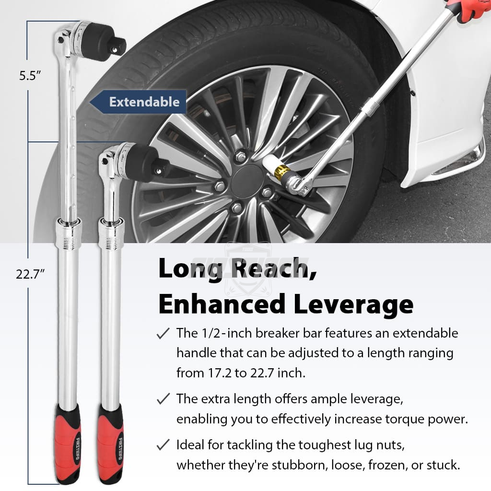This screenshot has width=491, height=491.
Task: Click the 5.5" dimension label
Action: [30, 75]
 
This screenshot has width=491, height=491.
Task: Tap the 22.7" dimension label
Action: [30, 274]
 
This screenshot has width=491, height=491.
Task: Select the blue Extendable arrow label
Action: [138, 102]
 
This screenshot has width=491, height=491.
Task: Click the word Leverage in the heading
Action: [353, 304]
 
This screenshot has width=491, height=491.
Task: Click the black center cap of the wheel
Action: [248, 181]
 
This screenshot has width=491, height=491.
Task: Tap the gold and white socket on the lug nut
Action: [277, 167]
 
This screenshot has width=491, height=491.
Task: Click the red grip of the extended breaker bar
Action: [68, 444]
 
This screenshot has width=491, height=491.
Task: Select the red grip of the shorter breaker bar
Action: [110, 444]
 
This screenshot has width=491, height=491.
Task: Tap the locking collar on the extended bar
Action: [68, 234]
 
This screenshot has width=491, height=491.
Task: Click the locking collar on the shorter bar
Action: [111, 234]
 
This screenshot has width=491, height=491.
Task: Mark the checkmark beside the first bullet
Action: [163, 333]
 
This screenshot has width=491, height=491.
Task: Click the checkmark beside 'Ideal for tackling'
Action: [163, 444]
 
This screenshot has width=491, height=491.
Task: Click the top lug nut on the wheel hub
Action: [240, 156]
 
